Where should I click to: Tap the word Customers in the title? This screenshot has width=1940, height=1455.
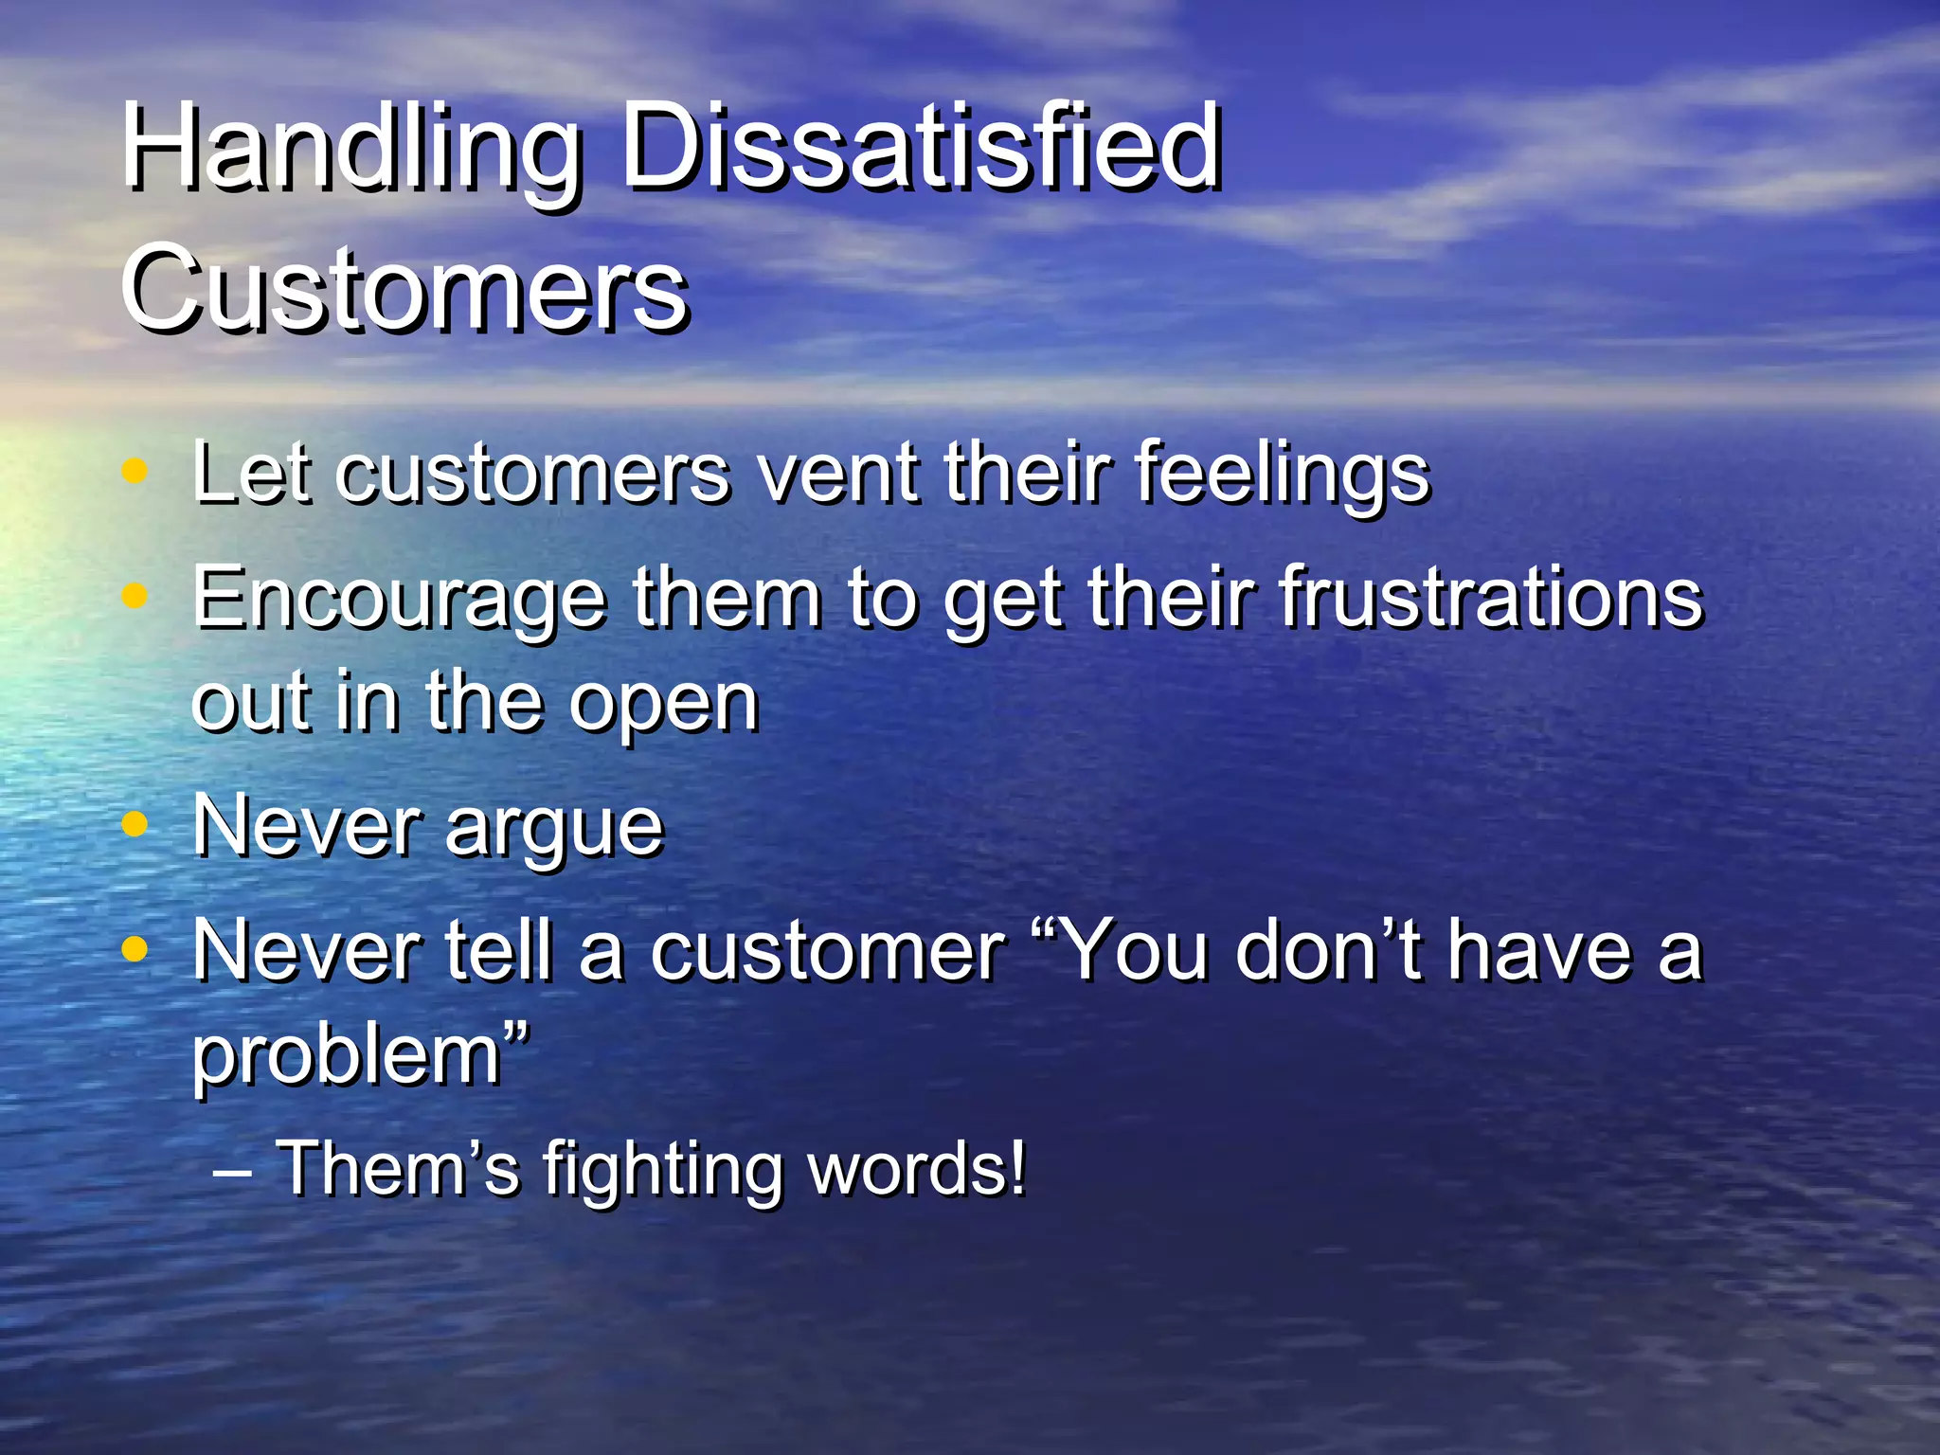coord(404,287)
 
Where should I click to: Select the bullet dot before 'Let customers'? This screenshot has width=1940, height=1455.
coord(135,470)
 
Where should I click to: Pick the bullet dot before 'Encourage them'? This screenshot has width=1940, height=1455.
coord(135,596)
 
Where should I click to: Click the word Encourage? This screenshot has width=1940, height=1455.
coord(399,600)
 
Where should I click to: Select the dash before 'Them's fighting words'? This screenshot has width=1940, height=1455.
coord(232,1173)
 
